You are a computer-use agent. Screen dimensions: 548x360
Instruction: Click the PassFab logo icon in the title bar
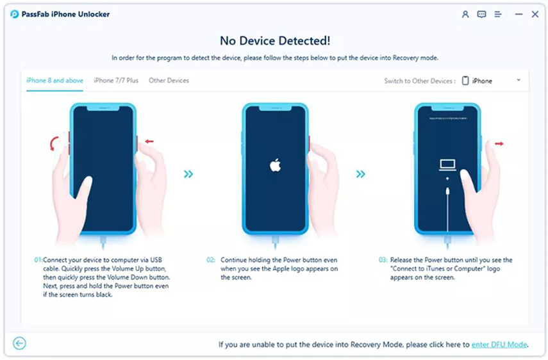point(14,14)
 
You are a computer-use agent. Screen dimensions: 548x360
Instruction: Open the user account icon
point(465,14)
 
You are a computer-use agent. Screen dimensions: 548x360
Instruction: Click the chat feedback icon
point(481,14)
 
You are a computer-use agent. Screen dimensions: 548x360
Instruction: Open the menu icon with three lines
point(498,14)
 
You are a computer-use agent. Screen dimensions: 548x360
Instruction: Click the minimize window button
point(519,14)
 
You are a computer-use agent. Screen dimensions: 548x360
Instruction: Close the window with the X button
point(535,14)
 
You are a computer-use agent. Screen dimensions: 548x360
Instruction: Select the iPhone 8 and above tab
point(54,81)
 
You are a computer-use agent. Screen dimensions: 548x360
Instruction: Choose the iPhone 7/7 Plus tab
point(116,81)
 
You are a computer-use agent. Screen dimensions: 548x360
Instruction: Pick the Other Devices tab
point(169,81)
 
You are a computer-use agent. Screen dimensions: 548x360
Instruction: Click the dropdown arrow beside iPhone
point(519,80)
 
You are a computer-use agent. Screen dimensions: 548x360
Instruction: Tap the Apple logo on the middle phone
point(276,165)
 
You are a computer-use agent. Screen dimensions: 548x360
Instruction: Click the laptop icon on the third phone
point(447,165)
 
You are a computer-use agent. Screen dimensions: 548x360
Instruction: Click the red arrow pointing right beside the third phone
point(499,143)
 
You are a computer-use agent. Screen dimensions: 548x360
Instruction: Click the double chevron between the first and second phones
point(188,174)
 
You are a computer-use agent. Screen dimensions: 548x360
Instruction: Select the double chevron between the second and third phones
point(361,174)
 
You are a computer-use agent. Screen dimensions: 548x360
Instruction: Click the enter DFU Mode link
point(499,345)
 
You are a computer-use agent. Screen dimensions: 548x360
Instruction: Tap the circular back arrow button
point(20,343)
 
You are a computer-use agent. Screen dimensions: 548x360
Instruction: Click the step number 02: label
point(211,260)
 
